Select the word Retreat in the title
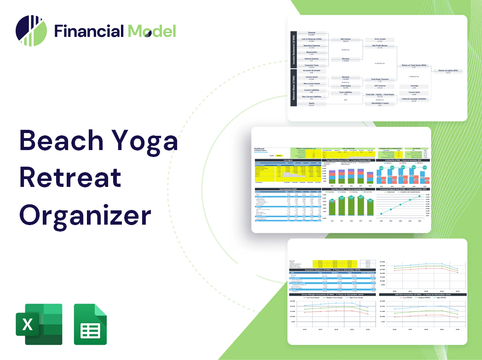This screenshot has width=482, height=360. (71, 177)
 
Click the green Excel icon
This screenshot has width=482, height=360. (39, 324)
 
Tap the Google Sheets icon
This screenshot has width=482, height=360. (90, 324)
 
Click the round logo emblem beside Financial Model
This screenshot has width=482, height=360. (31, 30)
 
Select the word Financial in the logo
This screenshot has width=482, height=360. (89, 31)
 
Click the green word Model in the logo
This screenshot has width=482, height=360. (152, 31)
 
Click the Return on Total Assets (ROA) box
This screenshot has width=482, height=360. (414, 66)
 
